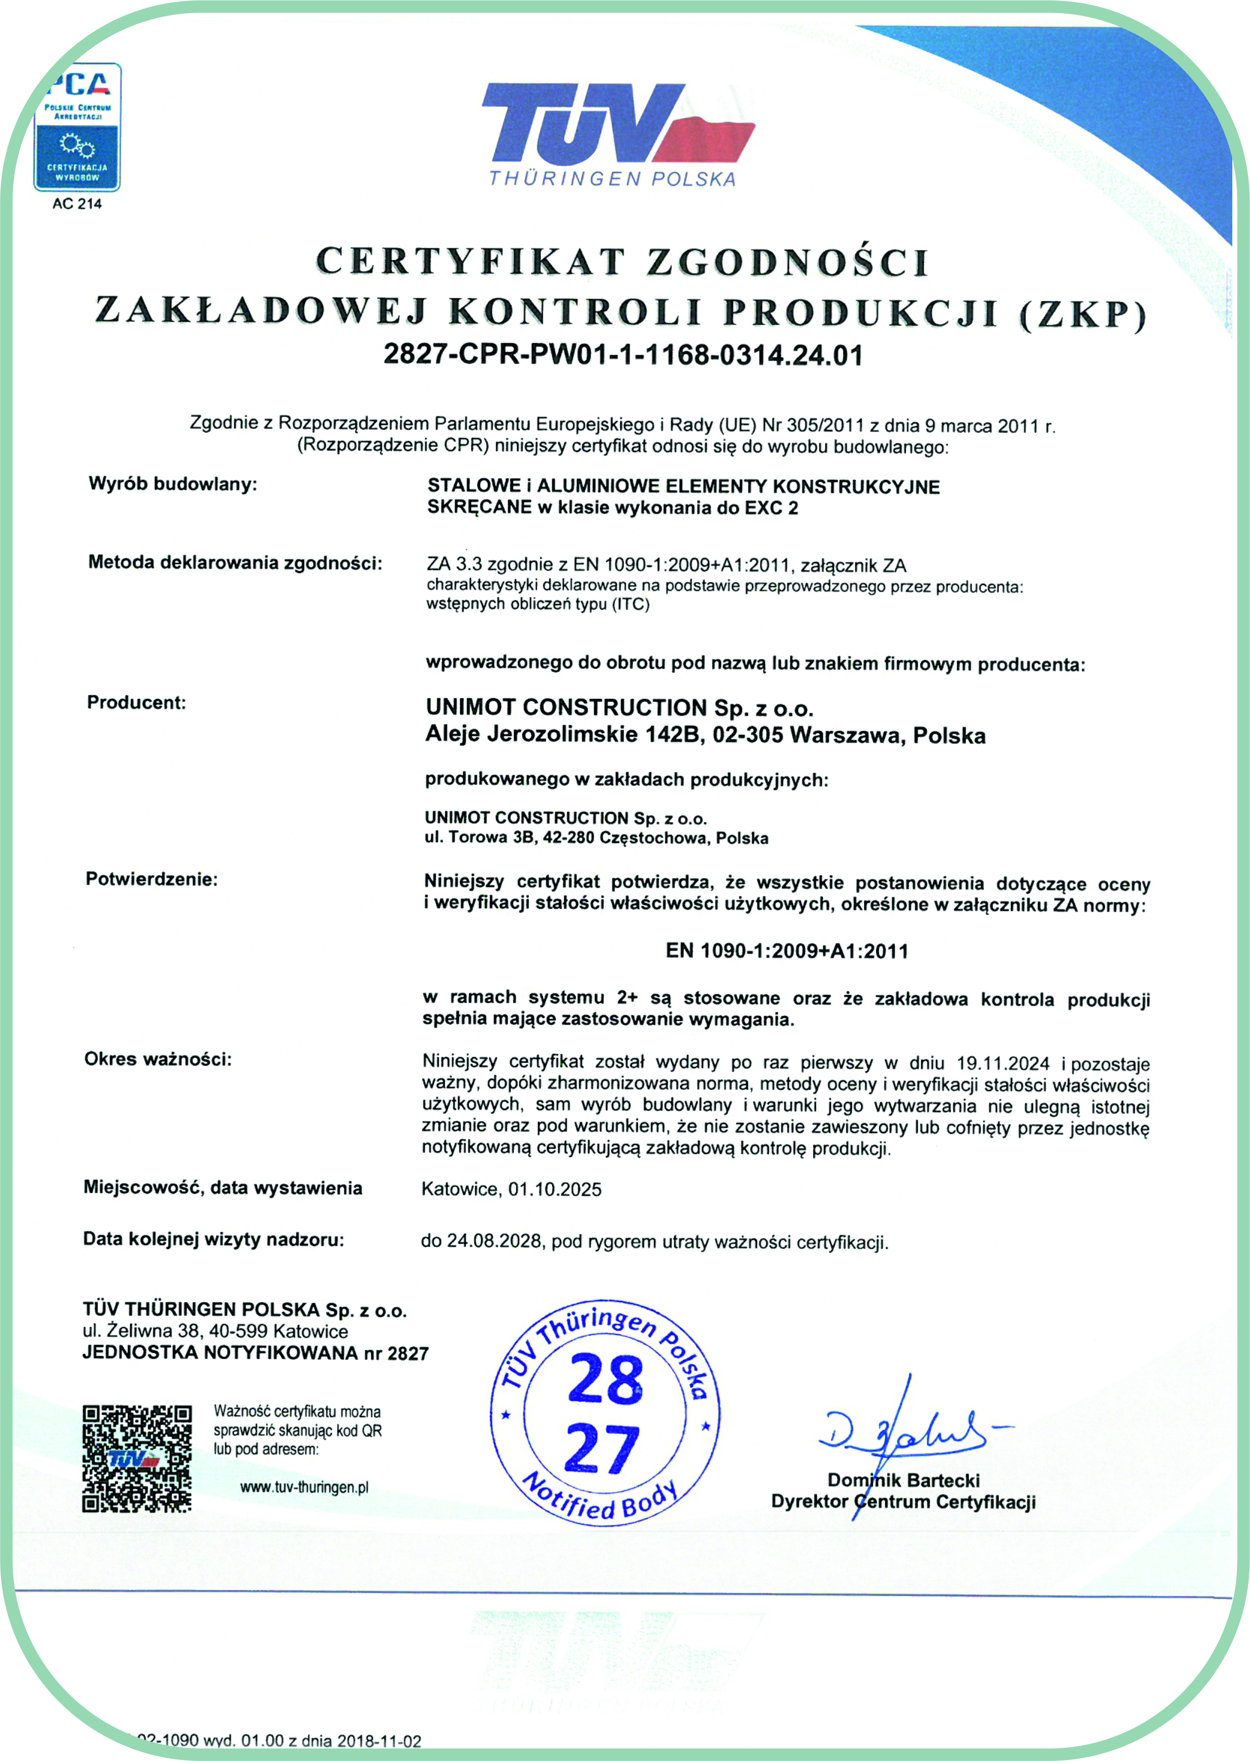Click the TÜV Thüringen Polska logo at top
tap(616, 132)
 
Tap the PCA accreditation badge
tap(77, 127)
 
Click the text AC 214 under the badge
tap(77, 204)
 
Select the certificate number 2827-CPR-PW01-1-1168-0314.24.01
tap(623, 355)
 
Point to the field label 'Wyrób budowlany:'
tap(173, 484)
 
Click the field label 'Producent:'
tap(136, 702)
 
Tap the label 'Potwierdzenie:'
tap(152, 880)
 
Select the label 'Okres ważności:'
tap(158, 1060)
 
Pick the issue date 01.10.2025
tap(554, 1189)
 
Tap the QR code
tap(137, 1459)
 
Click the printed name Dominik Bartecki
tap(903, 1480)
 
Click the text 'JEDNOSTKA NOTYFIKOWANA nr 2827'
tap(255, 1353)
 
